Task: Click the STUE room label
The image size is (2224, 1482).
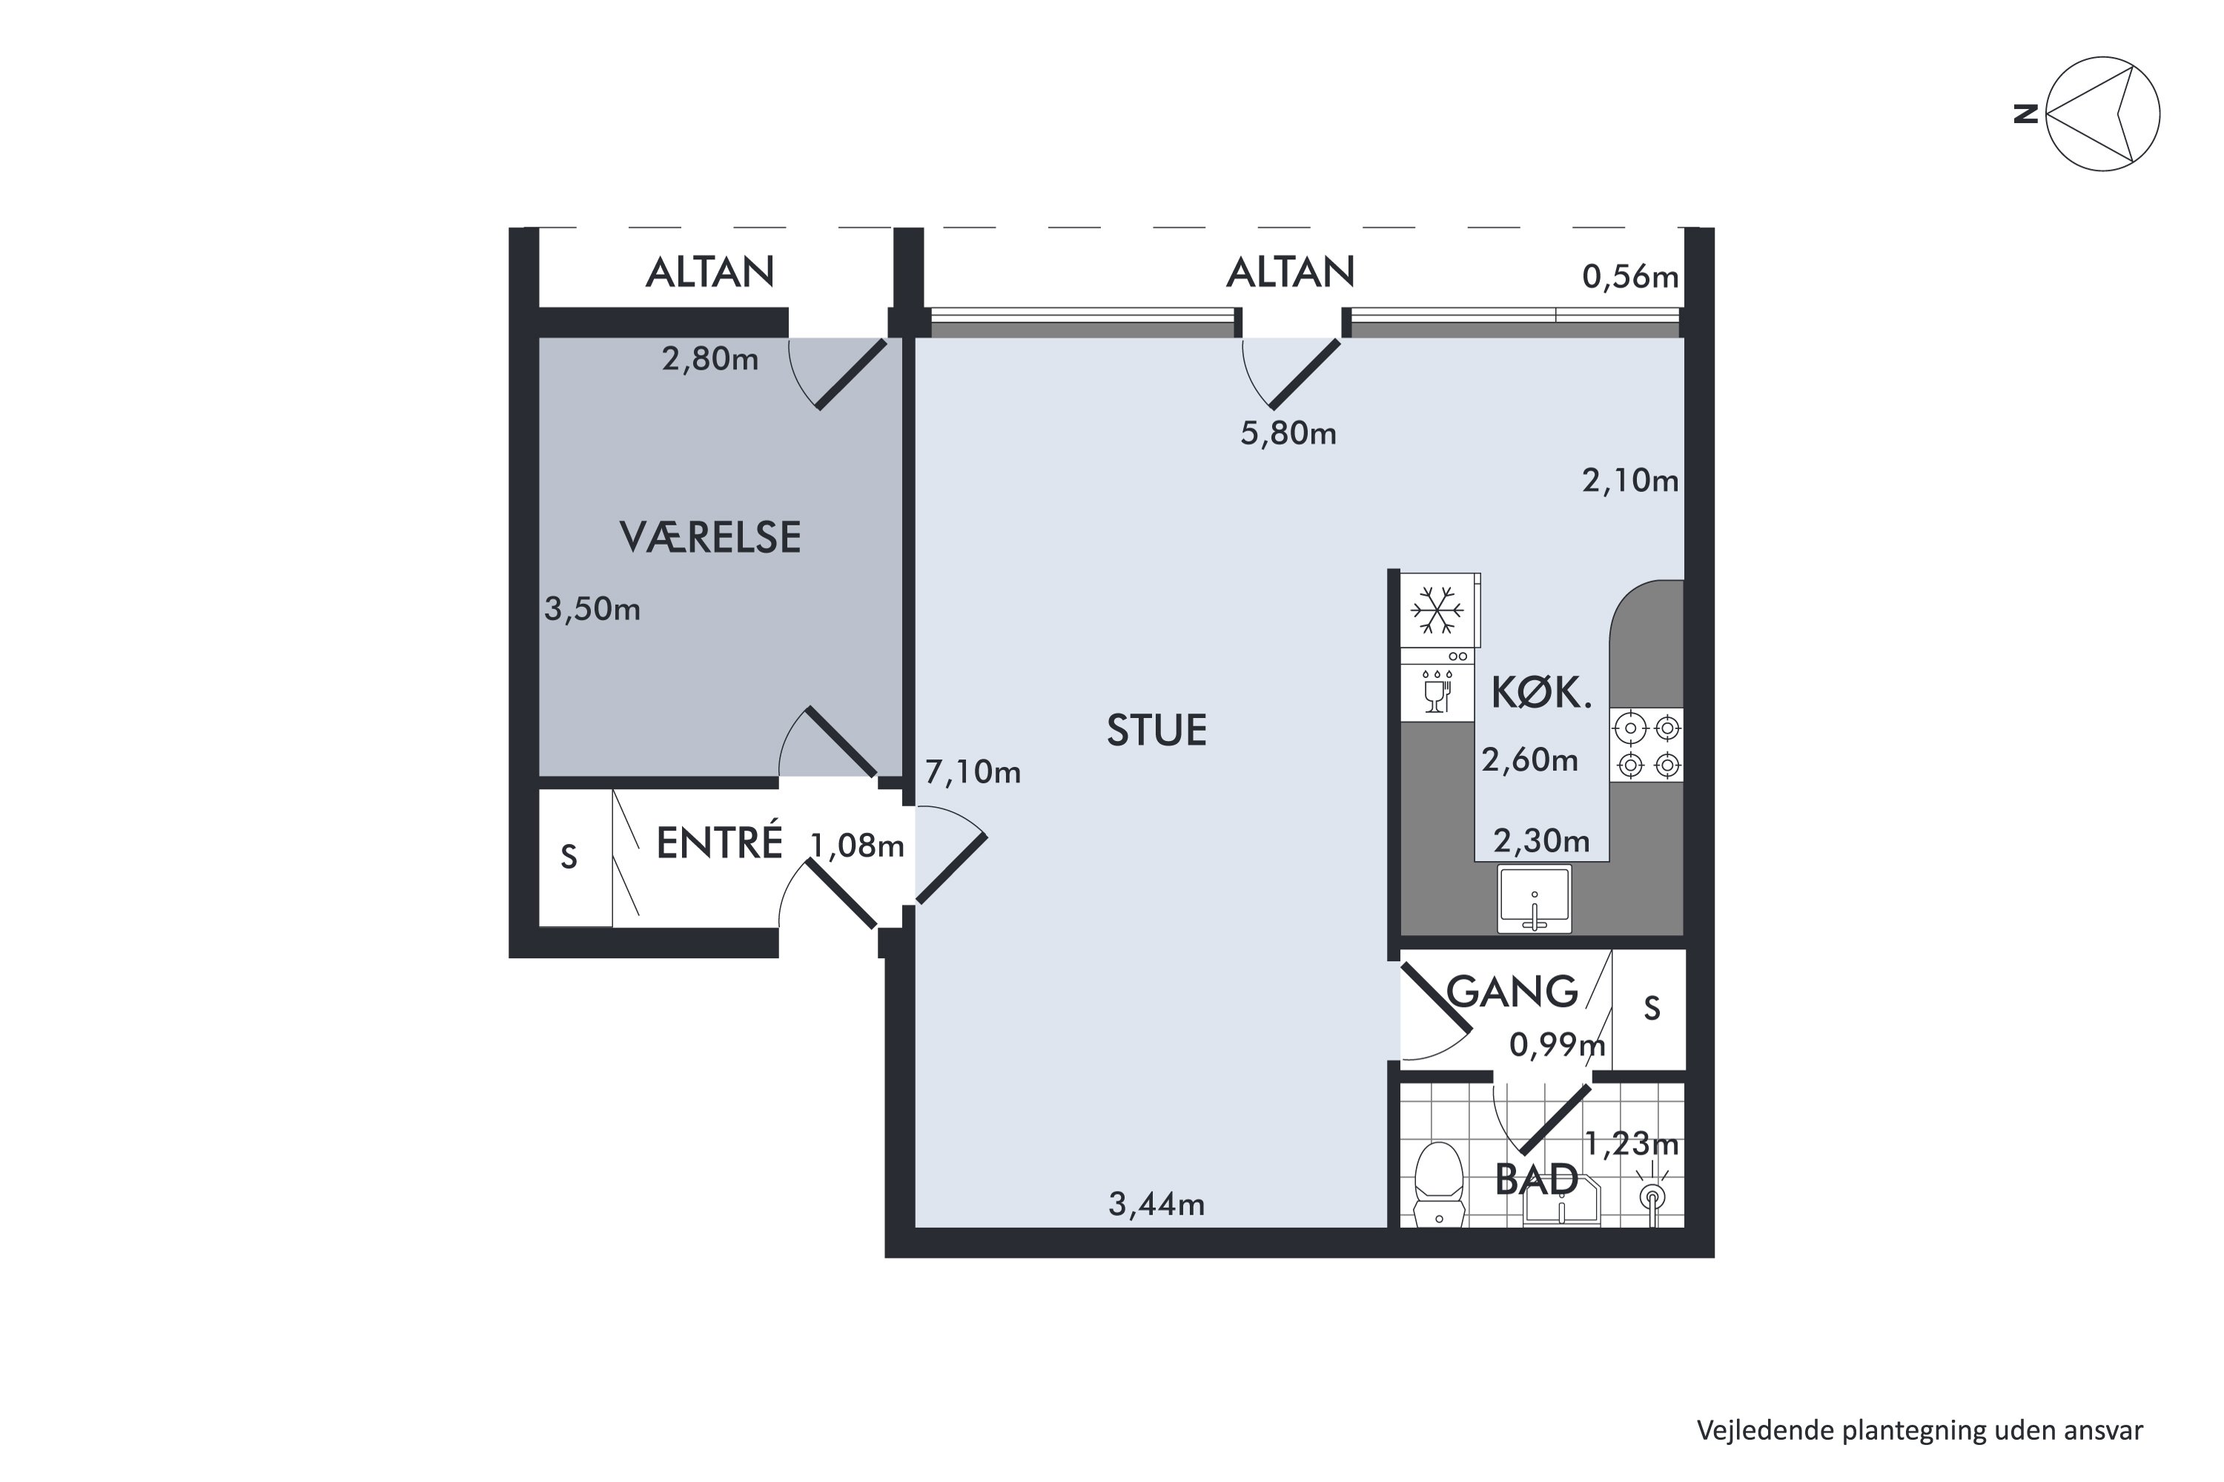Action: pos(1156,731)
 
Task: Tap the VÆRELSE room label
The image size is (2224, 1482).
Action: pos(710,536)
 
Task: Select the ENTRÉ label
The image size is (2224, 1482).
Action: pos(720,843)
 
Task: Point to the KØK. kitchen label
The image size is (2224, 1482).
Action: pos(1541,693)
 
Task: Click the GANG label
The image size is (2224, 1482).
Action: pos(1513,991)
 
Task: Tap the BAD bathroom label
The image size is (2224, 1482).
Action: pos(1537,1180)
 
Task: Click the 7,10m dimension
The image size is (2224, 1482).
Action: pos(973,773)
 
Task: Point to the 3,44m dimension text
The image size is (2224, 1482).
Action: pos(1156,1205)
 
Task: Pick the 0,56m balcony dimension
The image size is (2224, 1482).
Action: pos(1630,277)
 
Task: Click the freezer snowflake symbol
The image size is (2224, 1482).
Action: pos(1437,610)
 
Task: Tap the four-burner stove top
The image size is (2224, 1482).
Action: pos(1647,745)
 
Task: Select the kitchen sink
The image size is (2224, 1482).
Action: pos(1534,898)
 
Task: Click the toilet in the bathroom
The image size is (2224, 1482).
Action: pos(1438,1185)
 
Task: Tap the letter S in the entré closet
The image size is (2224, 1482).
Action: pos(569,857)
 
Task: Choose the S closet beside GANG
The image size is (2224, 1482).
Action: pos(1652,1009)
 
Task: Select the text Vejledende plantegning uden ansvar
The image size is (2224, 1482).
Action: pos(1919,1431)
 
